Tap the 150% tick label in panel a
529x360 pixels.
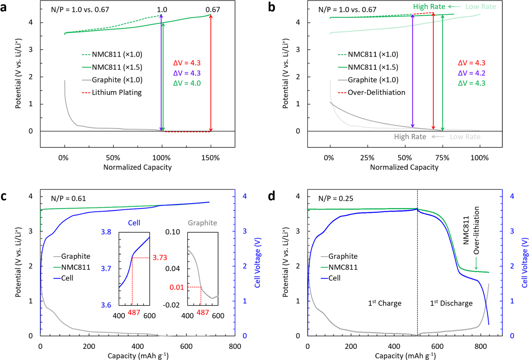[210, 158]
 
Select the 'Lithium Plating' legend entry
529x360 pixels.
[117, 92]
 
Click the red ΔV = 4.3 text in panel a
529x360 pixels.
[187, 63]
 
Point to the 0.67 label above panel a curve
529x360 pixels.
[212, 10]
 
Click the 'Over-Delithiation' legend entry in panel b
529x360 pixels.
[376, 92]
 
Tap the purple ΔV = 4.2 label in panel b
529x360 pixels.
[471, 73]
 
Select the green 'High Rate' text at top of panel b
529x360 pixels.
[429, 7]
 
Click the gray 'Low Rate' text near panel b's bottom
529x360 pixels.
[465, 137]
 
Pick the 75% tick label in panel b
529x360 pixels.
[442, 158]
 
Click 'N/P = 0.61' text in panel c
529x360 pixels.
[68, 198]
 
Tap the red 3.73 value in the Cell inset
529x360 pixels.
[160, 258]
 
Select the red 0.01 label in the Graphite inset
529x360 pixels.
[177, 287]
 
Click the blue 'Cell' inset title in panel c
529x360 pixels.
[134, 223]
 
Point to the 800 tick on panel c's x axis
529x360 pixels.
[235, 346]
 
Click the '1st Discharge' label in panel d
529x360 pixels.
[451, 303]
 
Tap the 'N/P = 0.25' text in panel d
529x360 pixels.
[336, 198]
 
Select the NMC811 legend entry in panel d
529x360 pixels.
[343, 267]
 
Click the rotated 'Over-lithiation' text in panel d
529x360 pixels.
[476, 230]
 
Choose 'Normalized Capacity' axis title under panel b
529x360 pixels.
[404, 167]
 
